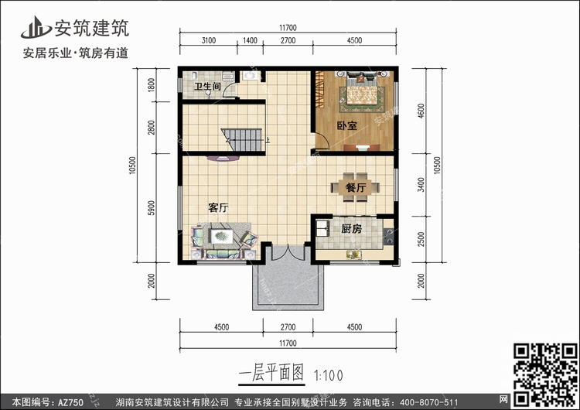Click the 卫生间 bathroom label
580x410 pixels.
[x=207, y=86]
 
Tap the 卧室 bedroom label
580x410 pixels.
[x=346, y=125]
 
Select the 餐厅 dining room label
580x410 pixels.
[x=356, y=188]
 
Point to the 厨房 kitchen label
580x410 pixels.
[x=351, y=229]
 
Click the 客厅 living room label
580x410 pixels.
[x=218, y=207]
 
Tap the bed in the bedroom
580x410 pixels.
[x=362, y=91]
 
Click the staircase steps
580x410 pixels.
[x=241, y=139]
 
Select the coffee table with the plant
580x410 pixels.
[x=221, y=236]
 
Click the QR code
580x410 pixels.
[x=545, y=374]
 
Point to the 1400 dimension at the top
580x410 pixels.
[x=250, y=40]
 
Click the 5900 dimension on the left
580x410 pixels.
[x=151, y=208]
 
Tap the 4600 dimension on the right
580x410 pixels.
[x=421, y=111]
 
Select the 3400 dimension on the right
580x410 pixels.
[x=421, y=185]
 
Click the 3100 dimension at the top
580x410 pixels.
[x=209, y=40]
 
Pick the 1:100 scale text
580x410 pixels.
[x=329, y=376]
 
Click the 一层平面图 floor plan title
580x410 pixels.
[x=271, y=372]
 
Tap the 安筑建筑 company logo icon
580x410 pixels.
[x=36, y=27]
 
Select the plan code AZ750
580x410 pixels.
[x=70, y=402]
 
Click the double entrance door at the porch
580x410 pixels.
[x=288, y=252]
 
